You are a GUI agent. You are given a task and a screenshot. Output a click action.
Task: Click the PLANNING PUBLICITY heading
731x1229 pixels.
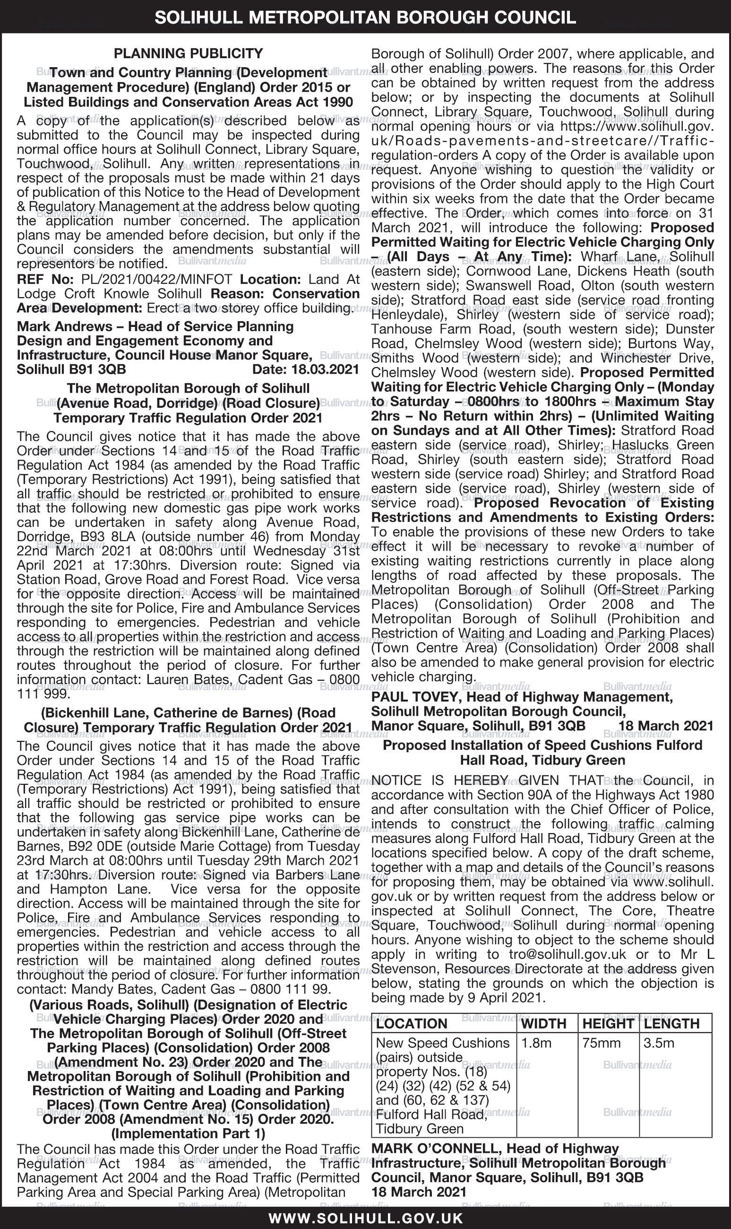(188, 53)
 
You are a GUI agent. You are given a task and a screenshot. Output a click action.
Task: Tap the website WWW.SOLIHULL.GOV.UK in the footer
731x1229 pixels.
(366, 1218)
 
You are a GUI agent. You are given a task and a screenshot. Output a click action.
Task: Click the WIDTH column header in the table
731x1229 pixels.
(543, 1023)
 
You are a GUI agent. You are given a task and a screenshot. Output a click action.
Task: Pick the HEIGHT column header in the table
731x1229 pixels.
(608, 1023)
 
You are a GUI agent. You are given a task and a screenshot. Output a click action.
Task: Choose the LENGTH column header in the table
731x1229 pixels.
(671, 1023)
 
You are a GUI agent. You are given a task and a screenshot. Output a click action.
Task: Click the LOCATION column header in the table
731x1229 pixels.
(411, 1023)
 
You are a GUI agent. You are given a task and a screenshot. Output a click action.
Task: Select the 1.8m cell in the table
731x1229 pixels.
(536, 1043)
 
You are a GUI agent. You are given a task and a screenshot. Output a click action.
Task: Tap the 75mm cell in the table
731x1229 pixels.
(602, 1043)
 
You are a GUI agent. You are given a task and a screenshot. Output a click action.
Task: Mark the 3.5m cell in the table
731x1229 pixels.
(659, 1043)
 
